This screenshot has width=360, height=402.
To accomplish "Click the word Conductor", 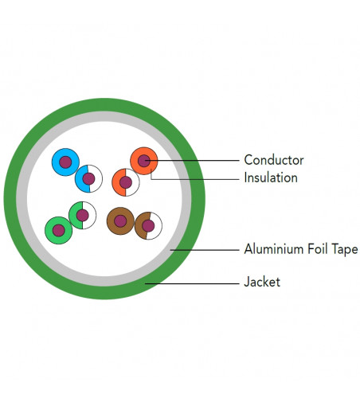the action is pyautogui.click(x=274, y=160).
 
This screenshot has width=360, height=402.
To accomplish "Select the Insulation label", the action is pyautogui.click(x=271, y=178).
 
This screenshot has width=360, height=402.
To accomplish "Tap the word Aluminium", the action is pyautogui.click(x=274, y=249).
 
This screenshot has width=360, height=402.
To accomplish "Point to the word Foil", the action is pyautogui.click(x=318, y=249).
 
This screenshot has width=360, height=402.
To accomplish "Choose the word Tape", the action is pyautogui.click(x=344, y=249).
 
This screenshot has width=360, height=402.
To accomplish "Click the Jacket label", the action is pyautogui.click(x=262, y=282).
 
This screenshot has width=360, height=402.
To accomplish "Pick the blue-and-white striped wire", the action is pyautogui.click(x=88, y=178).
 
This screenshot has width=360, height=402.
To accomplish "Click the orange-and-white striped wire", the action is pyautogui.click(x=126, y=182).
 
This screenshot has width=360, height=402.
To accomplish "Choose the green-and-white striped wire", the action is pyautogui.click(x=82, y=215).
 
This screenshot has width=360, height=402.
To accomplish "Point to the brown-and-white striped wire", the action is pyautogui.click(x=148, y=226).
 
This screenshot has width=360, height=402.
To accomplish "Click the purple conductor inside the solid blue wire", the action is pyautogui.click(x=65, y=162).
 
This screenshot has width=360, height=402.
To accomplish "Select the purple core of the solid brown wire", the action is pyautogui.click(x=120, y=221).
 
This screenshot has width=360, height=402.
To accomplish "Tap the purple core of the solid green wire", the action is pyautogui.click(x=59, y=230).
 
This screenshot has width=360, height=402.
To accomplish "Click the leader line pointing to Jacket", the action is pyautogui.click(x=192, y=283).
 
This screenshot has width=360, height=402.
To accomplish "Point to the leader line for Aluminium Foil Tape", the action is pyautogui.click(x=205, y=250).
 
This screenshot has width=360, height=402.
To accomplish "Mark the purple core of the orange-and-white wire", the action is pyautogui.click(x=126, y=182).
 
